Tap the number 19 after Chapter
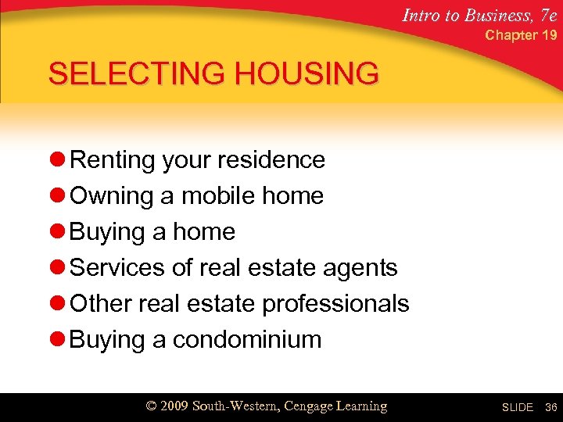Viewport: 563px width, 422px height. pyautogui.click(x=549, y=35)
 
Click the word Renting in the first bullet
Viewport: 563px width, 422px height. pyautogui.click(x=113, y=159)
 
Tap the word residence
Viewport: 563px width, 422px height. pyautogui.click(x=274, y=159)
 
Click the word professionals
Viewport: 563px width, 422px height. pyautogui.click(x=335, y=303)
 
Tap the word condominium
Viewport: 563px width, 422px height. pyautogui.click(x=247, y=339)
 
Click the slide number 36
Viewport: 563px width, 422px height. pyautogui.click(x=550, y=407)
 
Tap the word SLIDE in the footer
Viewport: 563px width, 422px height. pyautogui.click(x=517, y=407)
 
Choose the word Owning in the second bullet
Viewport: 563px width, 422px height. pyautogui.click(x=112, y=195)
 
